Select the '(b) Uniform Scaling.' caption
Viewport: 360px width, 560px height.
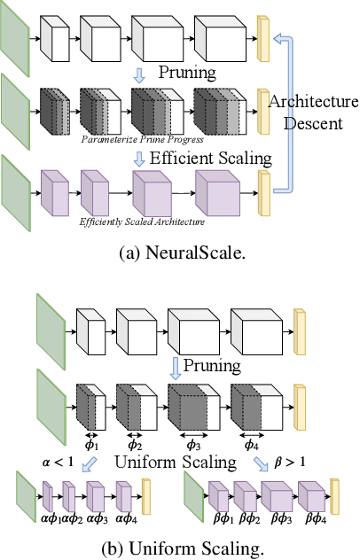point(180,548)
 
